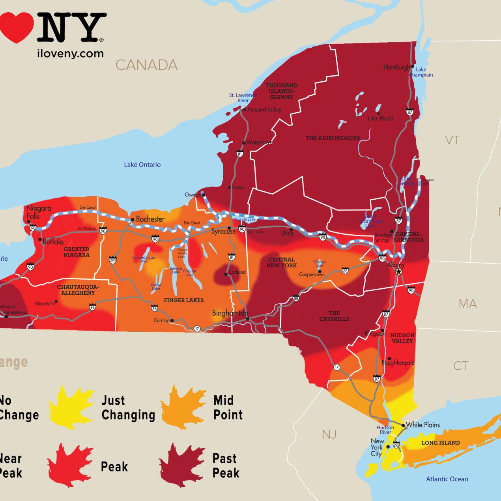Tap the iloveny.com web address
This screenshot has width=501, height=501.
click(70, 54)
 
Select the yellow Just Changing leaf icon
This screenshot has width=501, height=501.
click(71, 408)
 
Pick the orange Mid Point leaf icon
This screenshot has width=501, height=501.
click(183, 408)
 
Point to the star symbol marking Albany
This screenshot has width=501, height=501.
click(399, 272)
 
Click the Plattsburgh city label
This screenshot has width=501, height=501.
click(396, 67)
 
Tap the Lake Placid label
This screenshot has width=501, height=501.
click(380, 118)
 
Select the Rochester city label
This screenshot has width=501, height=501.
click(150, 219)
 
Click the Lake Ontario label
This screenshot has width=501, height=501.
click(142, 165)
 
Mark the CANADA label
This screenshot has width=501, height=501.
click(146, 65)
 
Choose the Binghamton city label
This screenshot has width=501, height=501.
click(230, 313)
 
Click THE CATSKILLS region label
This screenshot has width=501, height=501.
click(334, 316)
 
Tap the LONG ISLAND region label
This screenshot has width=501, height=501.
click(441, 443)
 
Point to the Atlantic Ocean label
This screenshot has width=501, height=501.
click(447, 479)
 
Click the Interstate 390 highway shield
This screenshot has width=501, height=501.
click(113, 260)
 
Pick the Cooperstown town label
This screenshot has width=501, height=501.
click(312, 274)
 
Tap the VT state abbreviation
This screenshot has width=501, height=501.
click(452, 140)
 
